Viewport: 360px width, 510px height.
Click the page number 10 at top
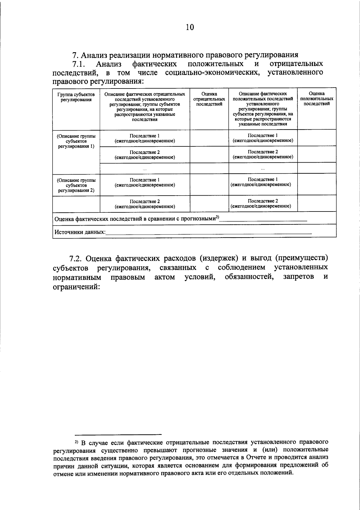190,27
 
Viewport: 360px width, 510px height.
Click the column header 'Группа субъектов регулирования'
76,97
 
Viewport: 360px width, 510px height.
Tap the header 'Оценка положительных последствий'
316,99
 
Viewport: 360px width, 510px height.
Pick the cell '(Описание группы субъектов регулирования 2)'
76,185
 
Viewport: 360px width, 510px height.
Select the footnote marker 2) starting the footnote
76,442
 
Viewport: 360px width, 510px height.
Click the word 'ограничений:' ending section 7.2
76,286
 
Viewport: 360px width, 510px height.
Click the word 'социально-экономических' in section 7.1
212,73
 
